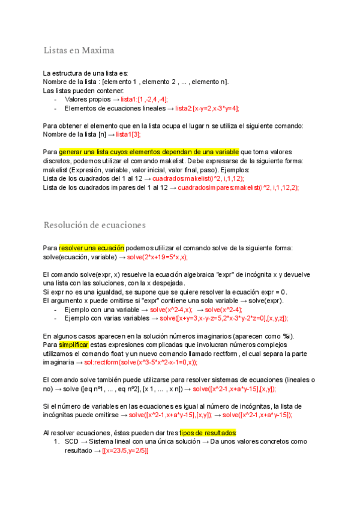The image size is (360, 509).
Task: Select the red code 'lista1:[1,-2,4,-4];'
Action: [x=144, y=99]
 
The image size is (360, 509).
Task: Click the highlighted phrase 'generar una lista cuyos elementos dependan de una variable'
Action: [x=149, y=152]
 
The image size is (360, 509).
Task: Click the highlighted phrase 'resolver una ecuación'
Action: [x=92, y=248]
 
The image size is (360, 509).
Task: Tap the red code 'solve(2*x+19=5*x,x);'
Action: [x=157, y=257]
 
